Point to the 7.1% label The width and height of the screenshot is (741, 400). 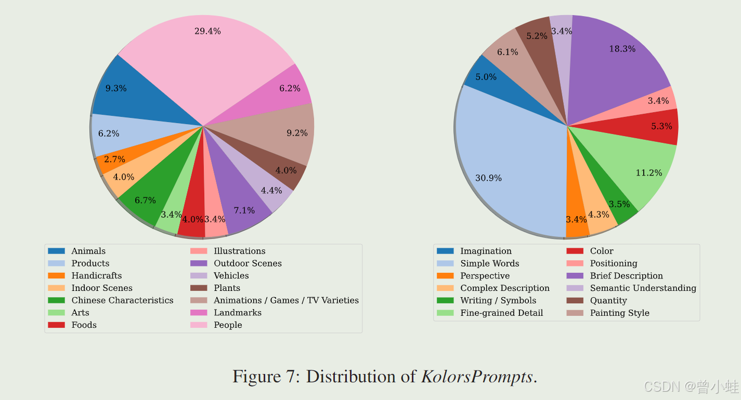244,210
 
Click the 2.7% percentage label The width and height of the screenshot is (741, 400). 115,159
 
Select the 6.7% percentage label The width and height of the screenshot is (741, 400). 145,201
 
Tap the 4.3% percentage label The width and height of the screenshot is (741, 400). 599,214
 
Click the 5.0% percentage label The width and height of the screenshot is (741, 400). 486,77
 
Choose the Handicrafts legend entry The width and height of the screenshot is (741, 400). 96,276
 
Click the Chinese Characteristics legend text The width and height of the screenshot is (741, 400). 122,300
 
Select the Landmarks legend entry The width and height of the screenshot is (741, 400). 238,313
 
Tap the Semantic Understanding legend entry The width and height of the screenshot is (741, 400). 643,288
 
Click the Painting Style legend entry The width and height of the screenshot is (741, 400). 619,313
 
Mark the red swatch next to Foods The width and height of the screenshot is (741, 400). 56,325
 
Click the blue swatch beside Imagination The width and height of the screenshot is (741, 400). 445,251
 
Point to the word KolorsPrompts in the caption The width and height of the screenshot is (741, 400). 477,377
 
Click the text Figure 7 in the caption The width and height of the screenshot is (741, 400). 264,377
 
